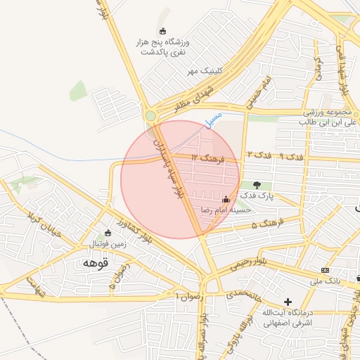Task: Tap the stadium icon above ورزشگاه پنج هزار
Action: click(x=163, y=31)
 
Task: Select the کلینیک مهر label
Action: click(x=205, y=71)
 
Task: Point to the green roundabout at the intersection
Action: click(x=150, y=116)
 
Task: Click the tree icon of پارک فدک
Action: click(x=257, y=186)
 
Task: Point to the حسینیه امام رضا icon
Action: click(x=225, y=200)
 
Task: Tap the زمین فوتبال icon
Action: click(x=108, y=233)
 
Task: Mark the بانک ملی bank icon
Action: click(x=324, y=270)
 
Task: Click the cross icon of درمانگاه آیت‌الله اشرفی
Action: click(x=288, y=302)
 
